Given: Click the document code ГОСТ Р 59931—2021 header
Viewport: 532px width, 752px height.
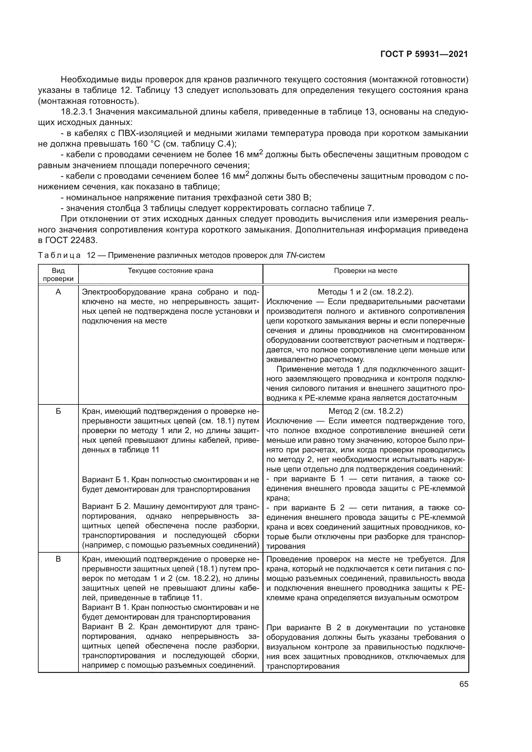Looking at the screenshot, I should click(x=424, y=54).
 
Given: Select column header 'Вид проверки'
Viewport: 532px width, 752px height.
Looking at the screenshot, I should click(x=58, y=275).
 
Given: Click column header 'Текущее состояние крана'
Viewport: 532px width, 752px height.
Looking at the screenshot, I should click(x=170, y=270).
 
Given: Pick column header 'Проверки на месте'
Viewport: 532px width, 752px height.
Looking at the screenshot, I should click(x=366, y=270).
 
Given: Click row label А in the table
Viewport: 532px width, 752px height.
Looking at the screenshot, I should click(x=58, y=292).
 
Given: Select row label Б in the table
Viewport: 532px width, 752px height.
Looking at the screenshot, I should click(x=58, y=411).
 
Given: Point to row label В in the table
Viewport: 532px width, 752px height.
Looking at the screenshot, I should click(x=58, y=559).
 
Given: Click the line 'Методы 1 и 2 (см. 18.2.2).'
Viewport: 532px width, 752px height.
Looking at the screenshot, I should click(x=366, y=292).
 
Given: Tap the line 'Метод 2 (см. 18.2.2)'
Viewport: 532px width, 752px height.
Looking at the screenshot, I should click(x=366, y=411).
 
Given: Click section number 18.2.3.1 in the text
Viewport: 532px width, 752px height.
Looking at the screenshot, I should click(x=78, y=112).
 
